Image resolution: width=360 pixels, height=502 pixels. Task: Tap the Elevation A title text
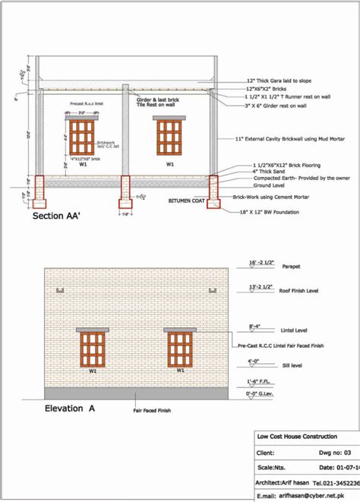pyautogui.click(x=71, y=409)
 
